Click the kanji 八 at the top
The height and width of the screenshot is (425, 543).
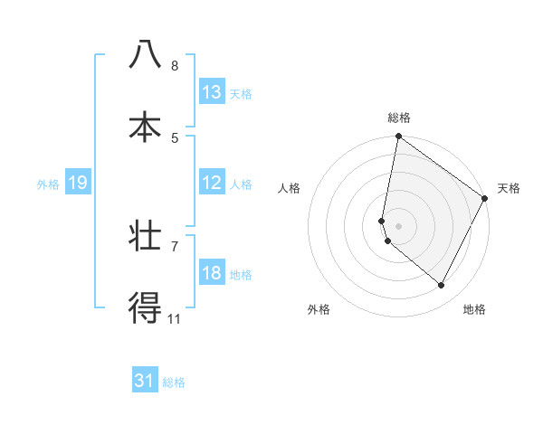coord(145,54)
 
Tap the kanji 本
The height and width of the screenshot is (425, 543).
coord(145,127)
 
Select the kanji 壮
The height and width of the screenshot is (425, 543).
coord(145,237)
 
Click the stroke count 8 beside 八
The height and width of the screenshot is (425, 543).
coord(175,65)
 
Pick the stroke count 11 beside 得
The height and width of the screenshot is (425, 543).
coord(175,318)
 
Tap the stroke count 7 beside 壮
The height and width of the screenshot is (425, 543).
coord(175,246)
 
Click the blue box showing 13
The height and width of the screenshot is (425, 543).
coord(212,92)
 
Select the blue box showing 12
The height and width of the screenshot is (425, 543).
coord(212,183)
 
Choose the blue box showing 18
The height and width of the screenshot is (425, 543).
coord(212,273)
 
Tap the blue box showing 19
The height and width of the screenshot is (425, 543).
coord(77,184)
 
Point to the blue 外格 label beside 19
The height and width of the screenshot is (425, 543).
coord(48,184)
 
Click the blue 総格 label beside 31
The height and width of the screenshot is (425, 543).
coord(174,382)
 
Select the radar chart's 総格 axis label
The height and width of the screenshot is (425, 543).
coord(399,118)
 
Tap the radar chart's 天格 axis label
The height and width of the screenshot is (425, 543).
coord(509,188)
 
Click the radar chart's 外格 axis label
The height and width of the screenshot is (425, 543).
coord(319,309)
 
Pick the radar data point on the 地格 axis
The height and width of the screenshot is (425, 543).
coord(442,286)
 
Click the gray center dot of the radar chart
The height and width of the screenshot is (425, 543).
coord(399,226)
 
